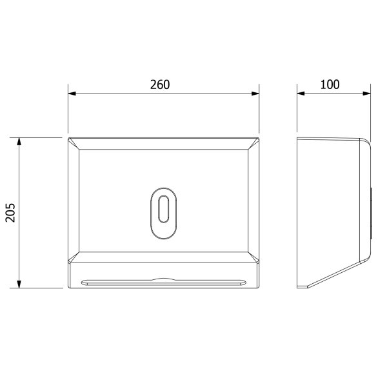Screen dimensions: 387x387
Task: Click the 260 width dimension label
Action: [x=160, y=84]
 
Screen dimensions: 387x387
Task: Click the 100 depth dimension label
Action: [x=330, y=84]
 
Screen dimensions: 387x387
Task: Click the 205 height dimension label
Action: [x=10, y=213]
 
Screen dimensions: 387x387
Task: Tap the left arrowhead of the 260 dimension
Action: [x=72, y=94]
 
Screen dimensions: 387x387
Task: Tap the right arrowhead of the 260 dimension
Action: [x=255, y=94]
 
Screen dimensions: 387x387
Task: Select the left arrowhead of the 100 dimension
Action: [x=301, y=94]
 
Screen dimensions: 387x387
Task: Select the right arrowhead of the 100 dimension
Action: [x=367, y=94]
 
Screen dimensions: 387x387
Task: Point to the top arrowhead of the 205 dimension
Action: [x=19, y=142]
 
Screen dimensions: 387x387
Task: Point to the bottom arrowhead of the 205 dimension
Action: [x=19, y=284]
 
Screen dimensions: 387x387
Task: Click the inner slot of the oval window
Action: [x=163, y=209]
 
